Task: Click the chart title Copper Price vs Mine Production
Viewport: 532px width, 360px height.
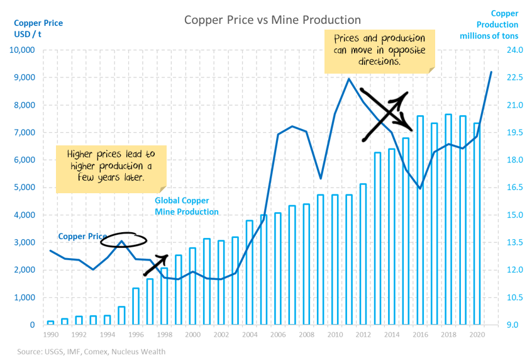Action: coord(272,20)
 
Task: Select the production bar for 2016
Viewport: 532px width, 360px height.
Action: coord(420,220)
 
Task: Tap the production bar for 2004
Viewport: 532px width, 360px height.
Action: coord(250,273)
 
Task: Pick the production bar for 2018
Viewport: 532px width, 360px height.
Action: coord(448,219)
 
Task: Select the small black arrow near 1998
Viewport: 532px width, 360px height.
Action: coord(156,264)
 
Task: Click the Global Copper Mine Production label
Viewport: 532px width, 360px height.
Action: coord(187,206)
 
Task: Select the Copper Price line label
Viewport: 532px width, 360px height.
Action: coord(82,237)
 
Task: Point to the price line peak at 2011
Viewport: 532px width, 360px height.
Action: coord(349,79)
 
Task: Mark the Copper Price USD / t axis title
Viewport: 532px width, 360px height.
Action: coord(38,28)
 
